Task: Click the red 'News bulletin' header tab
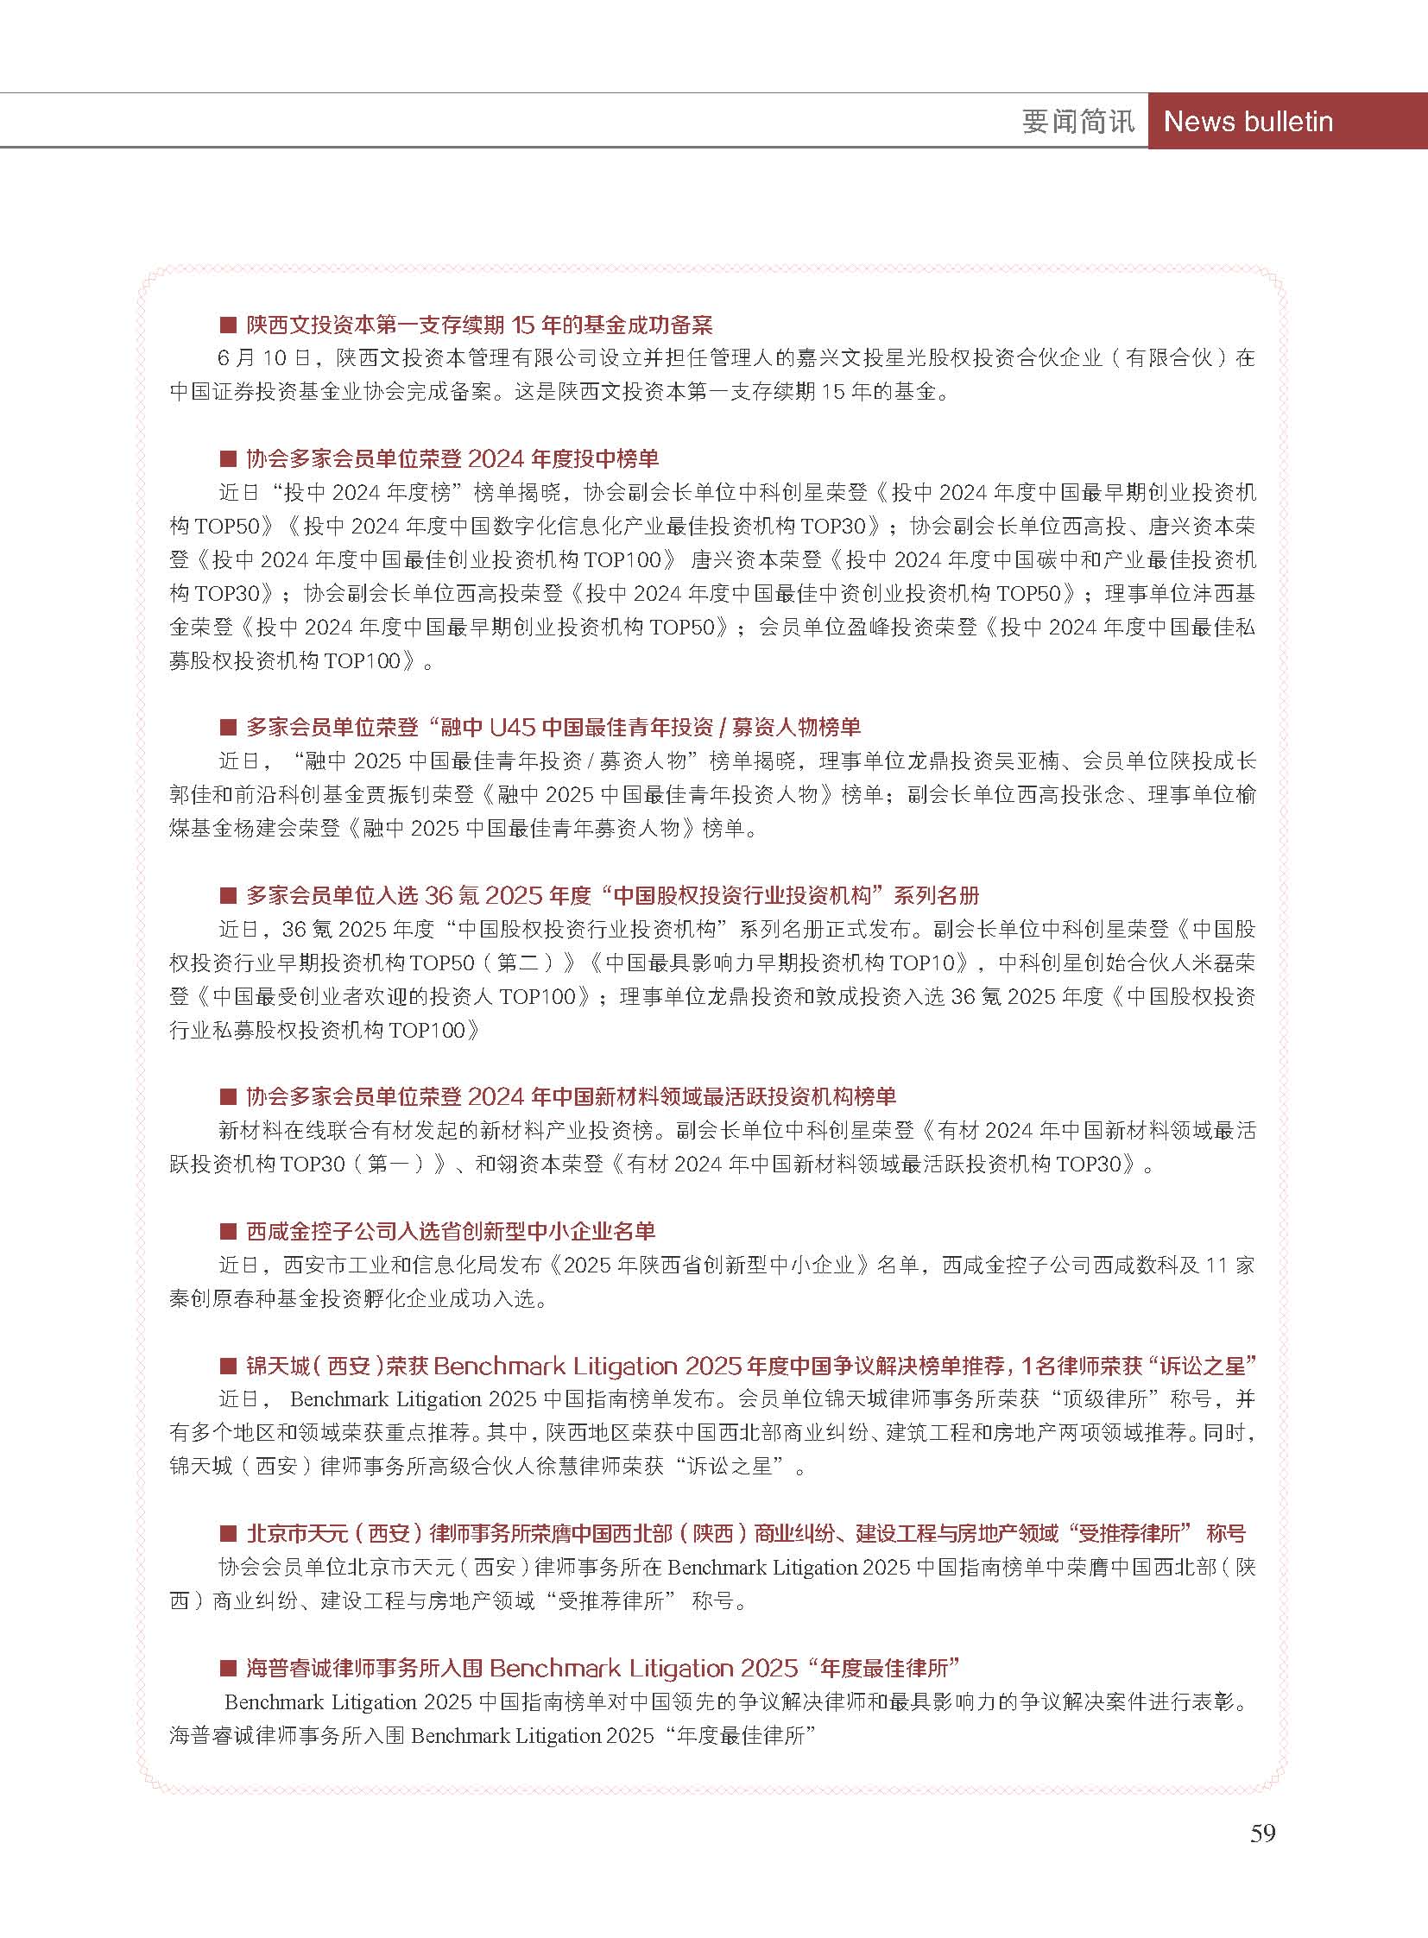tap(1248, 121)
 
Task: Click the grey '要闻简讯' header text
tap(1077, 121)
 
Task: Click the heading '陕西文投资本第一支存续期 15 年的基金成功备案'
tap(479, 325)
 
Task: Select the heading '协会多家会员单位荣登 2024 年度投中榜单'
tap(452, 458)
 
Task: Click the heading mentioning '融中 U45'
tap(553, 727)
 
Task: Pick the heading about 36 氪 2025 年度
tap(612, 894)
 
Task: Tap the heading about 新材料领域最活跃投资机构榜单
tap(571, 1097)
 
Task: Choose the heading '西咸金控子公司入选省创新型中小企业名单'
tap(451, 1231)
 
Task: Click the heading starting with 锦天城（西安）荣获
tap(750, 1366)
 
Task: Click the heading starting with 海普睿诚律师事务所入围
tap(603, 1668)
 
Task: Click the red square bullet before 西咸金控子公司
tap(228, 1232)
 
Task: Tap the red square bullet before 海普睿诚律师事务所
tap(228, 1669)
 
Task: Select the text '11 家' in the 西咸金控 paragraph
tap(1229, 1266)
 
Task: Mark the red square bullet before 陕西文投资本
tap(228, 326)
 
